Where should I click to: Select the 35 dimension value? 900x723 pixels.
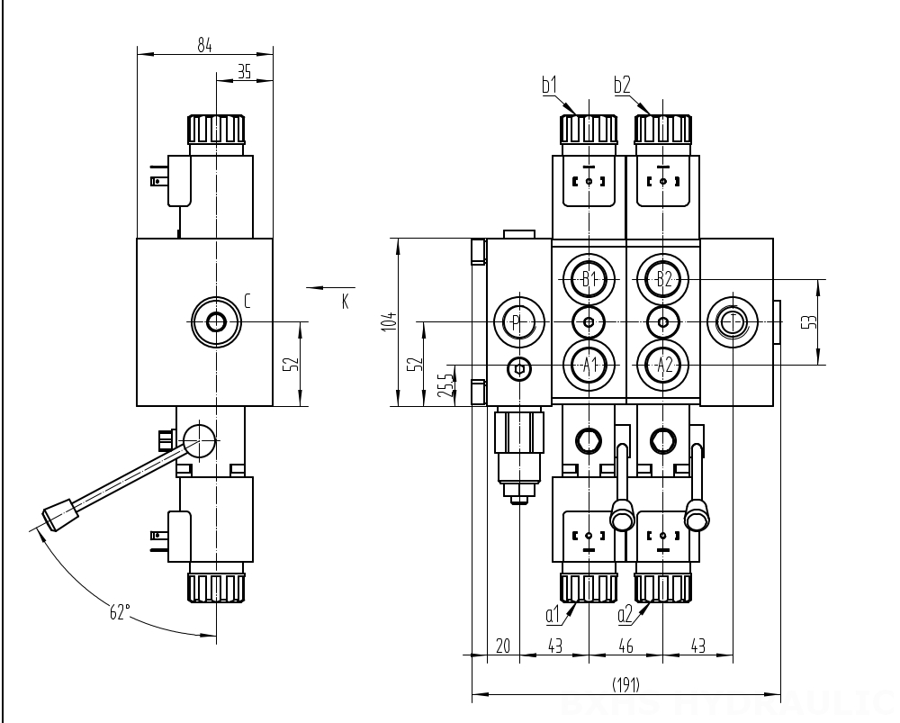244,73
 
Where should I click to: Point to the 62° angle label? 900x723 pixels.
120,613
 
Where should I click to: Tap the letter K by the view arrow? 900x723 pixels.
345,301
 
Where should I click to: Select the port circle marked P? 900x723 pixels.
516,322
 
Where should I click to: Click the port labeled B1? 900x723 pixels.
589,278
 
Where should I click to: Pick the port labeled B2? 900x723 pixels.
663,278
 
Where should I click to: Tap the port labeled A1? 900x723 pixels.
589,365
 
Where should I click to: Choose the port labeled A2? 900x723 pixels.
663,365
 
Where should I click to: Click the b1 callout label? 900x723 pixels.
550,86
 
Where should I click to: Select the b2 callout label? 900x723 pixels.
622,86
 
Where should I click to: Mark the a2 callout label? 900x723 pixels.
625,615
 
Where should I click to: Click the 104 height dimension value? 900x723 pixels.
387,321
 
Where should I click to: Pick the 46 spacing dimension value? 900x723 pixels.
625,646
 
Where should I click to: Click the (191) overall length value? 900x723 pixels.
625,685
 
